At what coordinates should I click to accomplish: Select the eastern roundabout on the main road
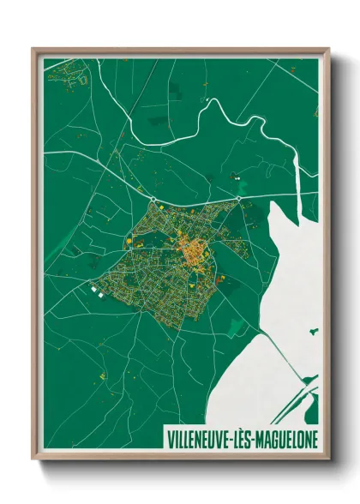[x=239, y=201]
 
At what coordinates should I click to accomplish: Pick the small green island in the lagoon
[x=314, y=329]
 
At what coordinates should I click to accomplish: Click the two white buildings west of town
[x=96, y=292]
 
